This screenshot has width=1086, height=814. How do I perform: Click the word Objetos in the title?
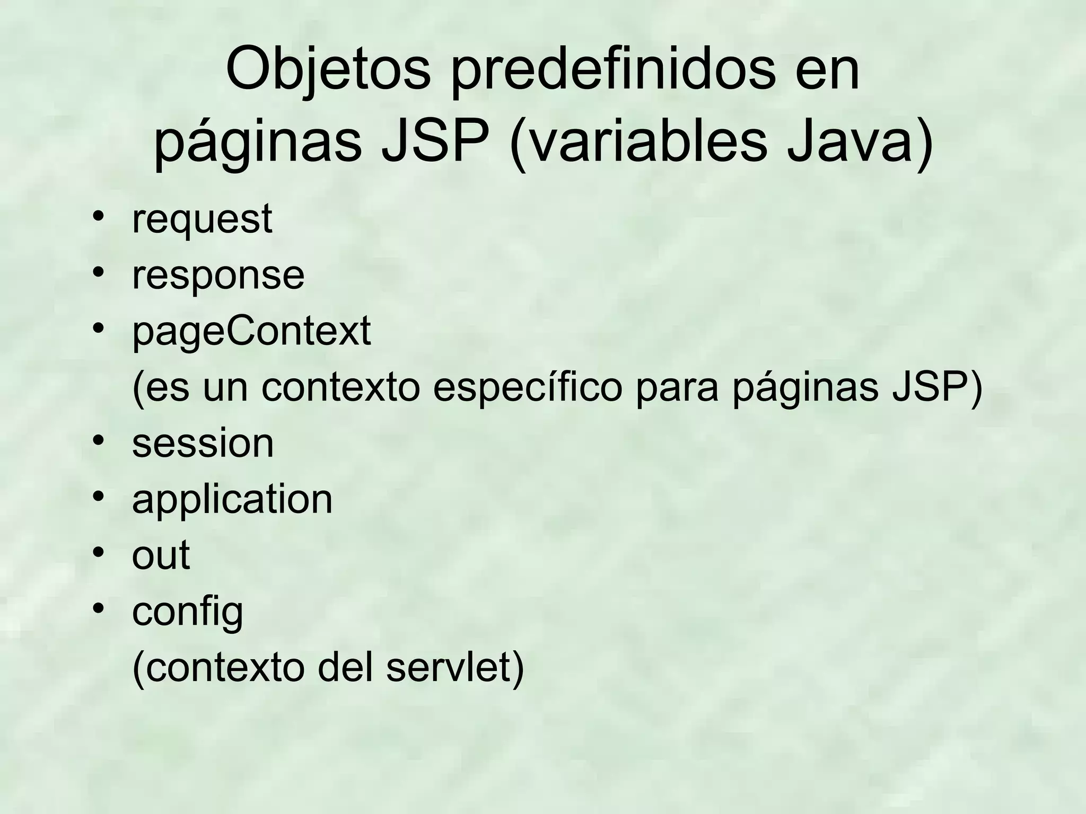click(x=328, y=70)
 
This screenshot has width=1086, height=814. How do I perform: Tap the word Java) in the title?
click(x=859, y=142)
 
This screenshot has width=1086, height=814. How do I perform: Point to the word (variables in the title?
click(x=637, y=142)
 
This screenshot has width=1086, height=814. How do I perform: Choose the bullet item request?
click(x=202, y=219)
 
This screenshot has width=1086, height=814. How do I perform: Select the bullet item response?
click(x=218, y=276)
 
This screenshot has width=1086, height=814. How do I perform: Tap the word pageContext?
click(x=251, y=332)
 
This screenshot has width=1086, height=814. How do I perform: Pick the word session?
click(x=203, y=444)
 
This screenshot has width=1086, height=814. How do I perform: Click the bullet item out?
click(x=161, y=555)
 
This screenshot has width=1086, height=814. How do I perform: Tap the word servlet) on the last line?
click(x=455, y=668)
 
